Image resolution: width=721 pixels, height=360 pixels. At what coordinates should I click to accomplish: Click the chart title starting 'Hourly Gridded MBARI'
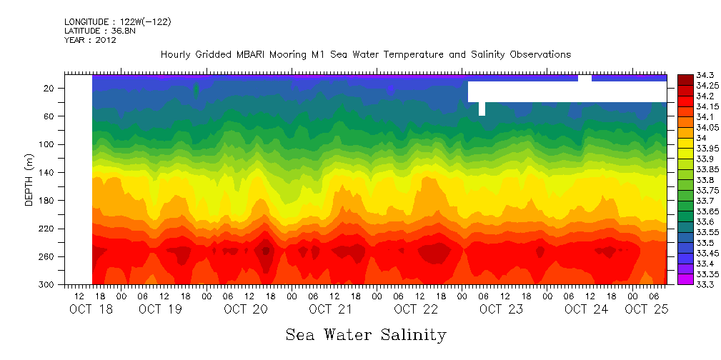pyautogui.click(x=365, y=55)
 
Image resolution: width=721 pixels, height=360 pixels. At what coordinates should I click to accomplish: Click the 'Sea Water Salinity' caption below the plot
pyautogui.click(x=366, y=334)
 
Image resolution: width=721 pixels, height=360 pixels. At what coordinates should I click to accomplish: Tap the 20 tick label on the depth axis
pyautogui.click(x=50, y=89)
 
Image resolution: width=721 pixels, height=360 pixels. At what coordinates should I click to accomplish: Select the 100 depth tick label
pyautogui.click(x=48, y=144)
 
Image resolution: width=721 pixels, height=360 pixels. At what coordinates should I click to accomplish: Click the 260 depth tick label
pyautogui.click(x=48, y=256)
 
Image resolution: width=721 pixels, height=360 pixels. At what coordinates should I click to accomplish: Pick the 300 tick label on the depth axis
pyautogui.click(x=48, y=284)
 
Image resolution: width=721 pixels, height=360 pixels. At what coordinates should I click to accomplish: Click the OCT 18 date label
pyautogui.click(x=90, y=309)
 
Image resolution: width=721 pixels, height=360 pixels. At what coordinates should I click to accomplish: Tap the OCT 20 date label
pyautogui.click(x=245, y=309)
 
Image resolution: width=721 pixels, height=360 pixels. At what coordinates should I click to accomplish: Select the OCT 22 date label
pyautogui.click(x=415, y=309)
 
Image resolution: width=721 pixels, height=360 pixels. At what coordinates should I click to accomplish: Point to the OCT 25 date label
pyautogui.click(x=646, y=309)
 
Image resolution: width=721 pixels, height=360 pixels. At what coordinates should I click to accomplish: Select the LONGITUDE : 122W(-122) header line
pyautogui.click(x=117, y=21)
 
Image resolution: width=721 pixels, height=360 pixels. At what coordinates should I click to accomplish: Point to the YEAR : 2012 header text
pyautogui.click(x=90, y=40)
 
